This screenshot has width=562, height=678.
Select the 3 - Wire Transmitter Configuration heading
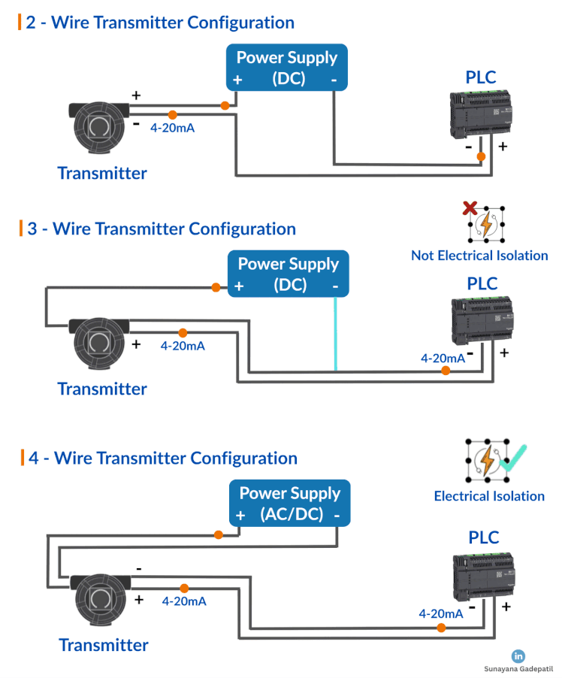pos(161,229)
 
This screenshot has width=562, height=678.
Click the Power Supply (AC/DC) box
pos(290,504)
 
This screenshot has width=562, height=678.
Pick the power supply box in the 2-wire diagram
pos(288,68)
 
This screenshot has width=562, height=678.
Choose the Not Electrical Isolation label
pos(479,256)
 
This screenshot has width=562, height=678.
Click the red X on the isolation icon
pos(470,208)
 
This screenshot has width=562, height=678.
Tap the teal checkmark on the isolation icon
pos(515,459)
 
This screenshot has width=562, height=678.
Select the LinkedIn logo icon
pos(518,656)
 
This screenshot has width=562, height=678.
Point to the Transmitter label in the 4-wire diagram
pos(104,645)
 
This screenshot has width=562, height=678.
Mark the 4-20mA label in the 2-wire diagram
pos(173,129)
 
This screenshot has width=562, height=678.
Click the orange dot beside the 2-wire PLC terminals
pos(481,156)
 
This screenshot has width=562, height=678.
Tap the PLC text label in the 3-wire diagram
pos(482,284)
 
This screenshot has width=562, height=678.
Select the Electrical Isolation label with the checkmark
pos(489,496)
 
